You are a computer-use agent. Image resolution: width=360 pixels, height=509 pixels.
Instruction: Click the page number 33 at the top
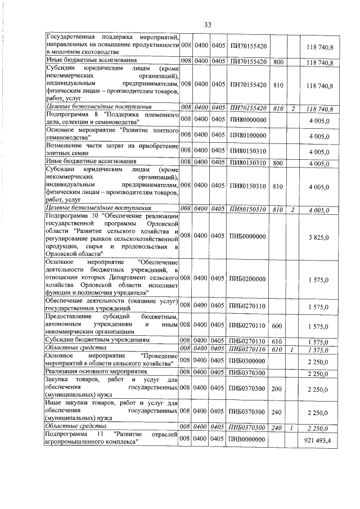click(207, 25)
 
